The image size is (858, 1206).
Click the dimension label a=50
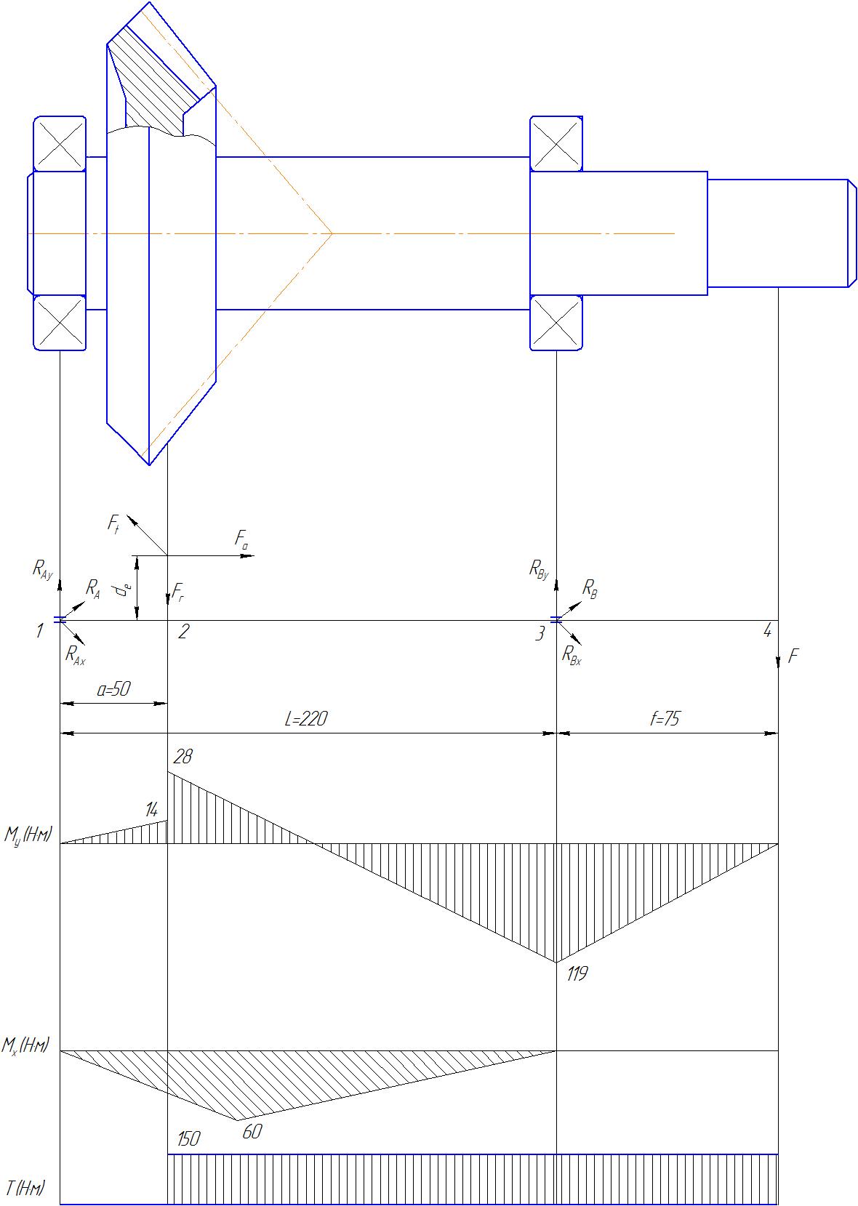pos(113,689)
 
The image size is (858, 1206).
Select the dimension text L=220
pos(306,718)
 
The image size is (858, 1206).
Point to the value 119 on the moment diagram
pos(577,973)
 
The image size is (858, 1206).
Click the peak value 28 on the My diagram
pos(183,757)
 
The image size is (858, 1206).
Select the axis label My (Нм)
pos(28,835)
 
